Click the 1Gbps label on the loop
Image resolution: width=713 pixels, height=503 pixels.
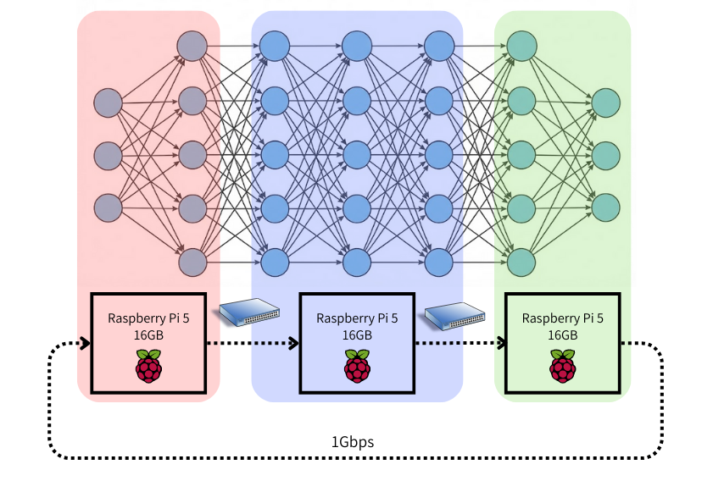(x=352, y=442)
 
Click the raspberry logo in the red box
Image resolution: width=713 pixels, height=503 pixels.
(x=148, y=369)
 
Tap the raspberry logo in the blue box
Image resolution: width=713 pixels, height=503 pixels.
(x=357, y=369)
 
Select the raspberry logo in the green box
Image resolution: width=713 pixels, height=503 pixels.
(x=562, y=369)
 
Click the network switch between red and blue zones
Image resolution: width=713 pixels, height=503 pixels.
(x=250, y=313)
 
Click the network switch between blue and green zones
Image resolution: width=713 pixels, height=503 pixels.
(x=456, y=314)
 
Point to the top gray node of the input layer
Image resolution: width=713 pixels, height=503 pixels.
(x=109, y=102)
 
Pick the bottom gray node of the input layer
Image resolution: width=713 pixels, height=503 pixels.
(x=109, y=207)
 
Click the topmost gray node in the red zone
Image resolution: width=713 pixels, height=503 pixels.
(x=192, y=46)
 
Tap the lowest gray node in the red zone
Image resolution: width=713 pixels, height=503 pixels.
(x=192, y=262)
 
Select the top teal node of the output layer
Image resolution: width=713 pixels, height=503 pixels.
(x=606, y=102)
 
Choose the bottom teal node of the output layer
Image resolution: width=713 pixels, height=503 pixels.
(x=606, y=207)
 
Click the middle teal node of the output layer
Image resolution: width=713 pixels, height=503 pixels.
(x=606, y=155)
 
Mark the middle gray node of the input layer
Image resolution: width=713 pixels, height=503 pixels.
(x=109, y=155)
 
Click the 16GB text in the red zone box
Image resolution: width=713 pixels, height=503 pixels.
(x=148, y=334)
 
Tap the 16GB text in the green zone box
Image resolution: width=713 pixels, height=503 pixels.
(x=562, y=334)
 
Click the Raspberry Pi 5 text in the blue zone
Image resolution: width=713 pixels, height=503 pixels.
(x=357, y=318)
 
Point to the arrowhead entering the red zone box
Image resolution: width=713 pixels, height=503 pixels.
(x=86, y=343)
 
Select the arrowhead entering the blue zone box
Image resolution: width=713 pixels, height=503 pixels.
(x=295, y=343)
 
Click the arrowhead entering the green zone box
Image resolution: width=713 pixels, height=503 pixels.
(x=501, y=343)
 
